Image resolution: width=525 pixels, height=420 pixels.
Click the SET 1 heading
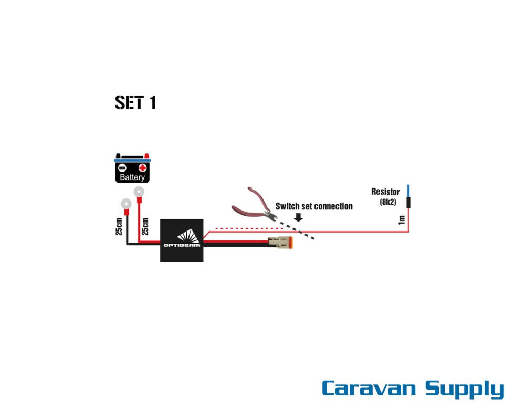coord(135,102)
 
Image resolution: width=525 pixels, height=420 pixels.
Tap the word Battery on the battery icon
coord(132,177)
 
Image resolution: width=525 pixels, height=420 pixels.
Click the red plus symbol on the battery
coord(142,168)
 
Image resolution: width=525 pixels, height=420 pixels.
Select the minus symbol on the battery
coord(122,168)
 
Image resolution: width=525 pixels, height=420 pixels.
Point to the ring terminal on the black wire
coord(125,204)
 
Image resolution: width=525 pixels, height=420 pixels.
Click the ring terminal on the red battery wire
coord(139,192)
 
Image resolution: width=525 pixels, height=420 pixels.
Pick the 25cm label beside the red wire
coord(145,226)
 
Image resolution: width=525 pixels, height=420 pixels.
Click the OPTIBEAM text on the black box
coord(182,245)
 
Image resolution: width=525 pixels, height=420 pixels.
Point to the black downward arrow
coord(298,216)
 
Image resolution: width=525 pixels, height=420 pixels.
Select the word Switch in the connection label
coord(288,206)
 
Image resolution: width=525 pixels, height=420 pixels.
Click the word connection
coord(333,206)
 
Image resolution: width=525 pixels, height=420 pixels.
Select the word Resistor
coord(385,192)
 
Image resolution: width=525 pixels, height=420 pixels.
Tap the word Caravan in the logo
coord(369,388)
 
